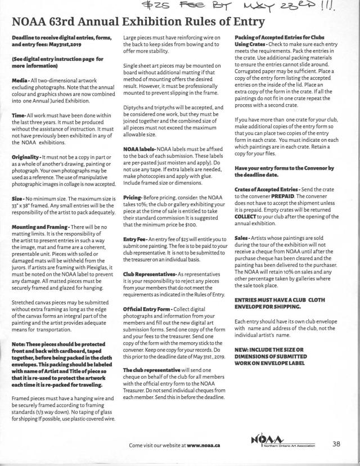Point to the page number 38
[336, 443]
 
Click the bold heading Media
[21, 81]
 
